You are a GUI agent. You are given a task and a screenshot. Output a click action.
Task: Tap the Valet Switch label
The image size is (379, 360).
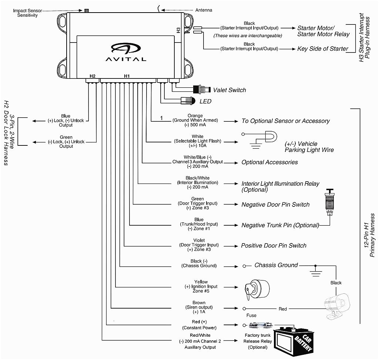click(229, 90)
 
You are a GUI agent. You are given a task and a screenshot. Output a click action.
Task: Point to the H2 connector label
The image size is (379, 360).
click(92, 76)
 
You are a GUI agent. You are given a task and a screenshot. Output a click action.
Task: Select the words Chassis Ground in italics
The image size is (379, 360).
click(276, 265)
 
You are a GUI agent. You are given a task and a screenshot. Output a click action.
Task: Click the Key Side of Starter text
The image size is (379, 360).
click(323, 48)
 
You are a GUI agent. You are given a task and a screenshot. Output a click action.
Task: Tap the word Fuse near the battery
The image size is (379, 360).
click(251, 316)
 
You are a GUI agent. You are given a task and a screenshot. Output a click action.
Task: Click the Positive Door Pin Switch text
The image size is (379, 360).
click(274, 245)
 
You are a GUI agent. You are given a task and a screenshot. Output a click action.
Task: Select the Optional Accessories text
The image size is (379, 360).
click(269, 162)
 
